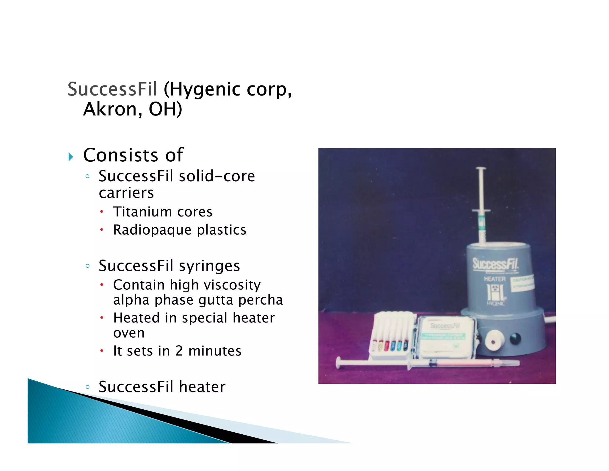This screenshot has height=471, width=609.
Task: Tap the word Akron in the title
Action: tap(110, 109)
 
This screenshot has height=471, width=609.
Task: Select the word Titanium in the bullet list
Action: tap(142, 212)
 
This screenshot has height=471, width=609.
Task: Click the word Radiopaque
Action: tap(152, 230)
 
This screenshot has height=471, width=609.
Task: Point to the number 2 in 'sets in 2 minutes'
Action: tap(179, 351)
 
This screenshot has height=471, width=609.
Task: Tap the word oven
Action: tap(129, 333)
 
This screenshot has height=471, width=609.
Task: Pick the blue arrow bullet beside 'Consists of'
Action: tap(70, 157)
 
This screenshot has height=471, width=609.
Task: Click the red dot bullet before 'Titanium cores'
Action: tap(102, 212)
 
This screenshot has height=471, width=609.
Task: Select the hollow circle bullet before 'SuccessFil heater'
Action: tap(87, 387)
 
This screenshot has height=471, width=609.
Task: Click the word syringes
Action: tap(209, 266)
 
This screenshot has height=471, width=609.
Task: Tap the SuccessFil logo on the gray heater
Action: tap(495, 264)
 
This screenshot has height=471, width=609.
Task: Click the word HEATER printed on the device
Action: tap(495, 279)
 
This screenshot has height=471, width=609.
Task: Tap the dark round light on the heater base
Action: tap(515, 338)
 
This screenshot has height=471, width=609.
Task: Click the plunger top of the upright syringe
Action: tap(481, 169)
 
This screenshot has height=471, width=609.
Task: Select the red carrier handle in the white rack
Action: tap(387, 346)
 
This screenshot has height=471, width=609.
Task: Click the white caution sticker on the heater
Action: tap(522, 283)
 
